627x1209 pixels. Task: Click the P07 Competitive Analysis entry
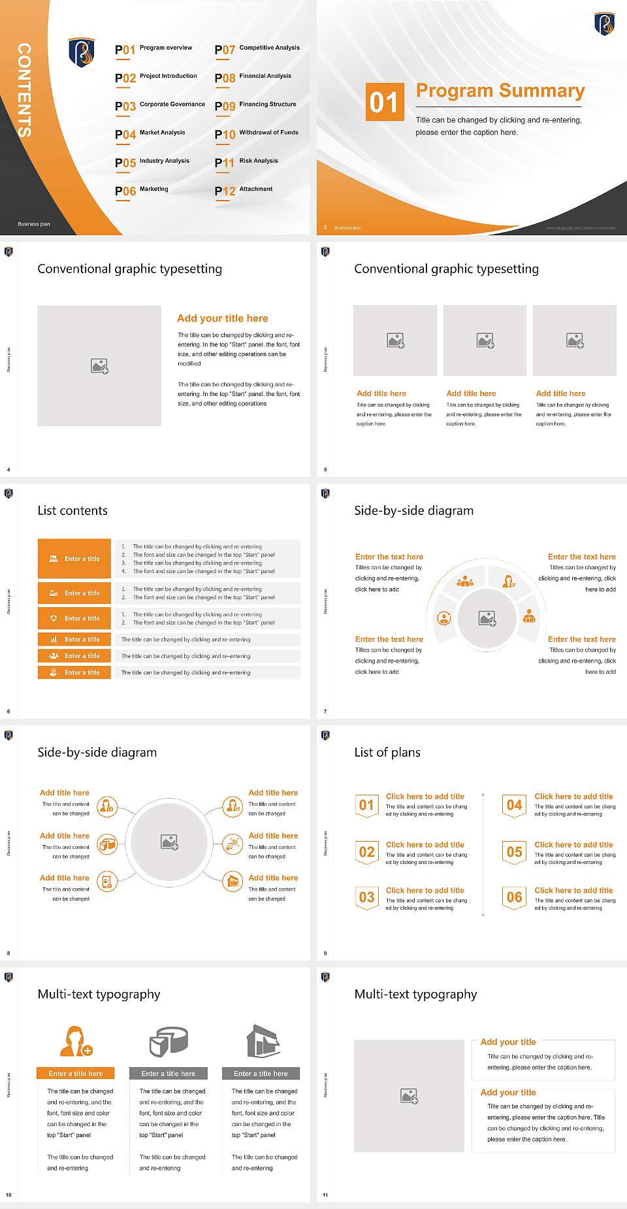pyautogui.click(x=257, y=49)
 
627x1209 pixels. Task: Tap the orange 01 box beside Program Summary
pyautogui.click(x=383, y=102)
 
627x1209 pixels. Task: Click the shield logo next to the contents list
pyautogui.click(x=82, y=52)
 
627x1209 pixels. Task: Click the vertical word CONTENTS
pyautogui.click(x=24, y=90)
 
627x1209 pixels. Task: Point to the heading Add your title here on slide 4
pyautogui.click(x=222, y=318)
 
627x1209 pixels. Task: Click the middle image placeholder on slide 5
pyautogui.click(x=485, y=340)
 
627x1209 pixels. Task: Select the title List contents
pyautogui.click(x=72, y=510)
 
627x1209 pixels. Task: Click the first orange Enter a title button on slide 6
pyautogui.click(x=74, y=559)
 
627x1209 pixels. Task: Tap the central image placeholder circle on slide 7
pyautogui.click(x=487, y=618)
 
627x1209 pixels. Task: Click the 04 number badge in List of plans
pyautogui.click(x=515, y=805)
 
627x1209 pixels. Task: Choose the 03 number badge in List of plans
pyautogui.click(x=367, y=897)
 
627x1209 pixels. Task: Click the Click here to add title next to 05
pyautogui.click(x=573, y=844)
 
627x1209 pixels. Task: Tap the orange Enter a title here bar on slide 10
pyautogui.click(x=76, y=1073)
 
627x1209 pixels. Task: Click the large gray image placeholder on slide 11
pyautogui.click(x=409, y=1096)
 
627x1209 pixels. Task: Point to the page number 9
pyautogui.click(x=325, y=953)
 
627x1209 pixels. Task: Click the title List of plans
pyautogui.click(x=387, y=752)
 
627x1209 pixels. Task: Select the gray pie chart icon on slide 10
pyautogui.click(x=169, y=1041)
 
